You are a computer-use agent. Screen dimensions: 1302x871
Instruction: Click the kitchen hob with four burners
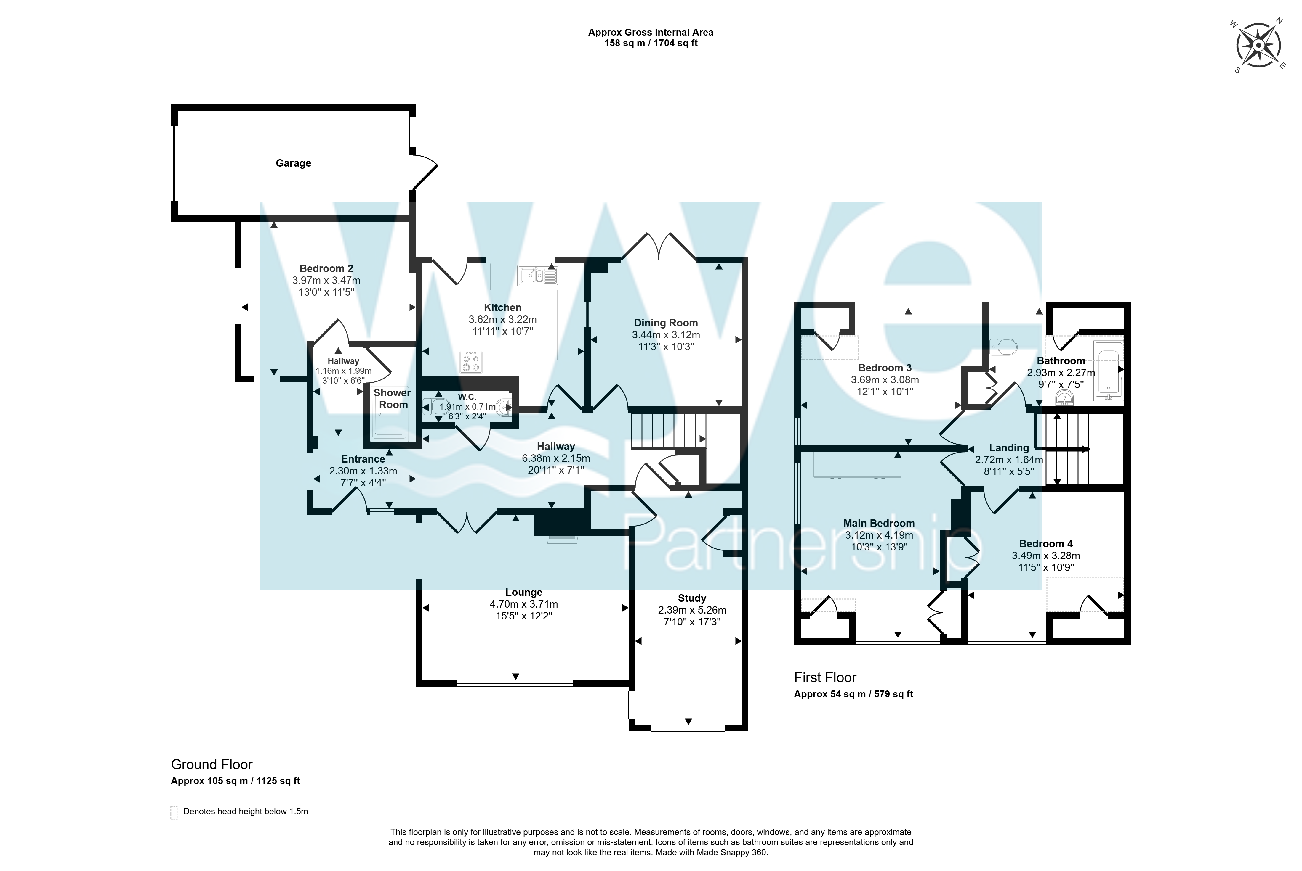click(x=471, y=362)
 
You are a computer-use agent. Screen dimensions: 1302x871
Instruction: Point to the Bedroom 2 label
click(x=326, y=268)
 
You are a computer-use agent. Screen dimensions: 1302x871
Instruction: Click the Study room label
click(x=692, y=598)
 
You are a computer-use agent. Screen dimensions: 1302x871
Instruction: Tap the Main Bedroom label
click(x=879, y=523)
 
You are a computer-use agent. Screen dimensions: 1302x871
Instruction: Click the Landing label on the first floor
click(x=1009, y=448)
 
